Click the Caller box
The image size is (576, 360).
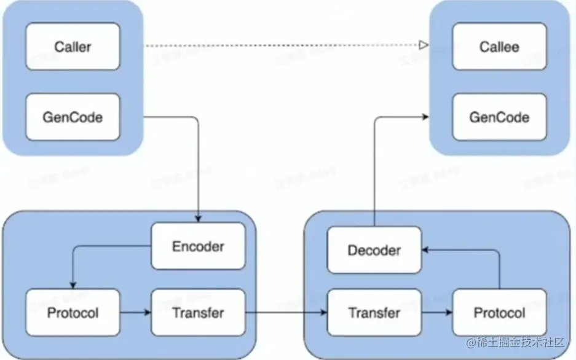tap(73, 47)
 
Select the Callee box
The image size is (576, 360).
tap(499, 47)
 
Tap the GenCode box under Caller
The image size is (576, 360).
tap(73, 117)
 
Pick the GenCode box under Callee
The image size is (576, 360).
tap(499, 117)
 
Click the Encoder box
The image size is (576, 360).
tap(198, 246)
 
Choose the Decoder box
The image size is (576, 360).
tap(374, 250)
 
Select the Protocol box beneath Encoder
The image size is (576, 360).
tap(73, 313)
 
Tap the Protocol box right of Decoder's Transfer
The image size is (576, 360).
tap(499, 313)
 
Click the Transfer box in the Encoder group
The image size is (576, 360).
tap(198, 313)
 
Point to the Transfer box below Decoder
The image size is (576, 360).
tap(374, 313)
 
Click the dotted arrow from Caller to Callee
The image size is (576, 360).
tap(283, 45)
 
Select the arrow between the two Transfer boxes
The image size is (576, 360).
tap(286, 313)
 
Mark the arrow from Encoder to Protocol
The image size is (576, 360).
tap(86, 247)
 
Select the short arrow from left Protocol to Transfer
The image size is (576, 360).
tap(135, 313)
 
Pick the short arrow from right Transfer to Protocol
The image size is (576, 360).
tap(437, 313)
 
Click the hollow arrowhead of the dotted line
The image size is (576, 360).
tap(423, 45)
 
